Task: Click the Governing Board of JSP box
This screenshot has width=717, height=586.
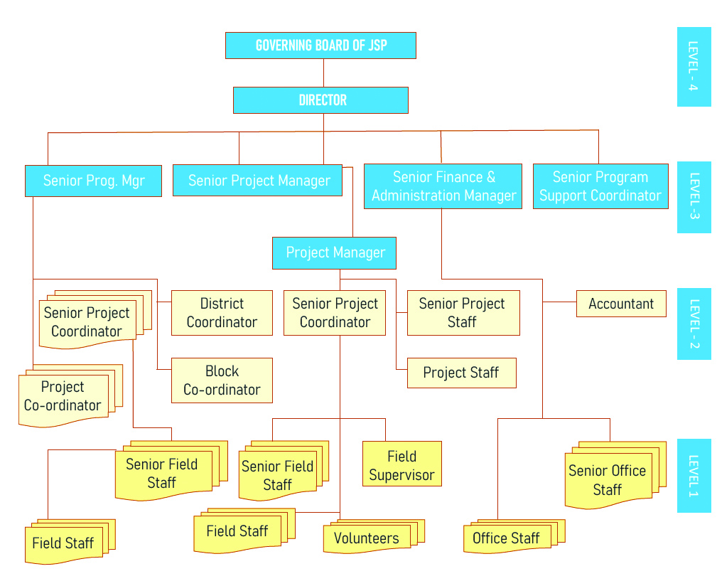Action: (320, 46)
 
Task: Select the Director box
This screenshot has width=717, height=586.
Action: (320, 100)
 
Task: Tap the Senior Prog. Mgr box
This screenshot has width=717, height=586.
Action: (93, 181)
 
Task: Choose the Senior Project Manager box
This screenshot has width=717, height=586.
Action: (257, 181)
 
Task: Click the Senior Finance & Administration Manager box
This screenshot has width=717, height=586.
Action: (443, 186)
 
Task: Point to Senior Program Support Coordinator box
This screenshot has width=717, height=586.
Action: (600, 186)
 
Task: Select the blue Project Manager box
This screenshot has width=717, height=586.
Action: (334, 253)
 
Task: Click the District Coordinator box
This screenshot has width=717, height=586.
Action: (222, 313)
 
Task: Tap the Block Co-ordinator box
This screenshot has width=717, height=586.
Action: (222, 380)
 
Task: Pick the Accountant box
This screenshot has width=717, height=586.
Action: (621, 304)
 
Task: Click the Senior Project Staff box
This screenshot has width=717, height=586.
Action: (463, 313)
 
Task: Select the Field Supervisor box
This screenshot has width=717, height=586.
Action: (401, 464)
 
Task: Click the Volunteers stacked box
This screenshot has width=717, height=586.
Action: (367, 539)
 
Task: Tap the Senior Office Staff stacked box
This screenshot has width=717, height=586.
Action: (608, 480)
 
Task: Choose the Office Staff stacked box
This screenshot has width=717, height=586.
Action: (506, 539)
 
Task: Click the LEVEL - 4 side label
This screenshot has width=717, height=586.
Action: (694, 67)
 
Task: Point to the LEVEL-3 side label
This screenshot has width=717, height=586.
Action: (694, 197)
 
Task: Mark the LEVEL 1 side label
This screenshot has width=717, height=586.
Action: (694, 475)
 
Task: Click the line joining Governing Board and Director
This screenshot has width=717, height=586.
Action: (323, 73)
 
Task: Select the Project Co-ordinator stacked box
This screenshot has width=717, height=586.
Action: (63, 397)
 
